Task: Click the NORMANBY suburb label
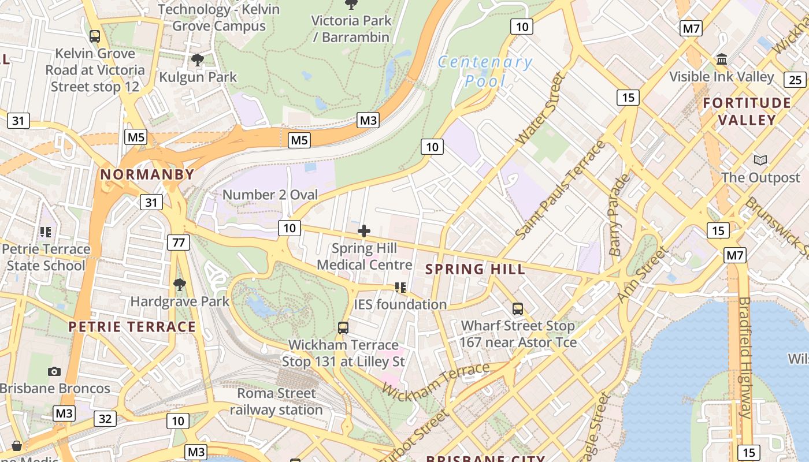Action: [x=147, y=174]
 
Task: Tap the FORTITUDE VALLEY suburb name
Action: [x=747, y=111]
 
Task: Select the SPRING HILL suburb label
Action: [x=476, y=269]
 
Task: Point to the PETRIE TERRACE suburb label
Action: [x=132, y=327]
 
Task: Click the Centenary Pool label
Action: [x=485, y=71]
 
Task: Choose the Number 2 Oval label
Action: [x=270, y=195]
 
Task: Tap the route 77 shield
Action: [x=179, y=242]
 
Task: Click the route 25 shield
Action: [x=795, y=80]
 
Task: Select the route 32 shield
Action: [x=105, y=419]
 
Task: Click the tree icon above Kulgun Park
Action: [x=198, y=59]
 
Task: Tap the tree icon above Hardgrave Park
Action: [x=180, y=284]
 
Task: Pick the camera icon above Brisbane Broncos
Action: [x=54, y=371]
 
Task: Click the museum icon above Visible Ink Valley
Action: [x=721, y=59]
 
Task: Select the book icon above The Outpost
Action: [x=760, y=160]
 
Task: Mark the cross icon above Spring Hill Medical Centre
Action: [x=364, y=232]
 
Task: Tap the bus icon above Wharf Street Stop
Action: [x=518, y=309]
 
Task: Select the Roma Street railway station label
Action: [x=277, y=401]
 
